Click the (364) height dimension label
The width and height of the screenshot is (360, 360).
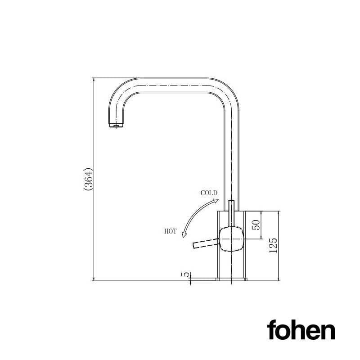click(x=89, y=180)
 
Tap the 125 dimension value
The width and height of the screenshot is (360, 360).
click(x=273, y=246)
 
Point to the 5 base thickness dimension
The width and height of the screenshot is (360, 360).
click(x=184, y=274)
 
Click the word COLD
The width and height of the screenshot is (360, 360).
click(x=209, y=193)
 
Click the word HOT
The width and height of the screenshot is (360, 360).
click(x=171, y=231)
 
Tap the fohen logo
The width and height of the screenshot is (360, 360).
click(x=301, y=330)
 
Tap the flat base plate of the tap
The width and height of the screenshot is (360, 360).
click(x=231, y=279)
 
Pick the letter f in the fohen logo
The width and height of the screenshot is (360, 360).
click(x=272, y=330)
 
